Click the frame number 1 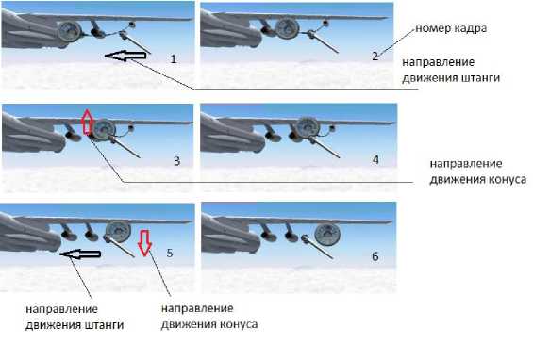174,58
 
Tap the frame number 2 375,56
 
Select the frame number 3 176,160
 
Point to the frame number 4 375,159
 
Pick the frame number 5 170,253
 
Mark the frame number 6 375,255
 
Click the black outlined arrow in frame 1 127,56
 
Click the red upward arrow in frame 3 87,122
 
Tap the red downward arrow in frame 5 145,242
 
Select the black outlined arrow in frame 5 80,254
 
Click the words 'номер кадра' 451,28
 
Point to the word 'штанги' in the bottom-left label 104,325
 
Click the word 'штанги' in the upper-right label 480,78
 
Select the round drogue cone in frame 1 70,31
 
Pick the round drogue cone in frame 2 287,28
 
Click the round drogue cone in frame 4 307,128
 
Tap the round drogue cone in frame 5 118,231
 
